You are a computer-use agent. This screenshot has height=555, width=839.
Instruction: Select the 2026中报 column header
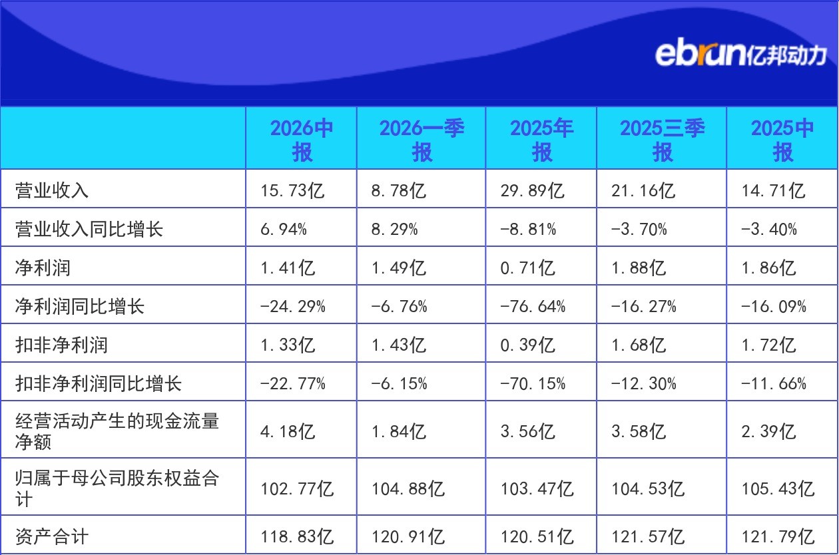click(x=302, y=140)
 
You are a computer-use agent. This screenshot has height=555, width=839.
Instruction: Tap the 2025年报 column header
click(x=541, y=140)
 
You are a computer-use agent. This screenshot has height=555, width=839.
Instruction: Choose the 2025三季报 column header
click(x=662, y=140)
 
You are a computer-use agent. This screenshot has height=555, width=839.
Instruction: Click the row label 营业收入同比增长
click(x=89, y=229)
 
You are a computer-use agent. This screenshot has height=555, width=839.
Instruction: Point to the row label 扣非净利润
click(x=61, y=345)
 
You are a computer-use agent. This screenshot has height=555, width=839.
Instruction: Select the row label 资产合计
click(x=52, y=536)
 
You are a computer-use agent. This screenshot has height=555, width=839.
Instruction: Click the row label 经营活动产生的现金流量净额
click(x=117, y=431)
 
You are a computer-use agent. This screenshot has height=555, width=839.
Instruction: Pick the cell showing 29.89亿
click(x=532, y=190)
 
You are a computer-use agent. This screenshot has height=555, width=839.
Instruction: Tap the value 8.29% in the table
click(x=394, y=229)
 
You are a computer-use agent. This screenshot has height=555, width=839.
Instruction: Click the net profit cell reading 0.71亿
click(x=527, y=268)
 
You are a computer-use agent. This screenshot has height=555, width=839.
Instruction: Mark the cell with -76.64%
click(x=533, y=307)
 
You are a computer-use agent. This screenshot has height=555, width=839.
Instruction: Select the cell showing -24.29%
click(x=293, y=307)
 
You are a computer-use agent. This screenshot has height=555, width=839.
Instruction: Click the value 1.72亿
click(x=768, y=345)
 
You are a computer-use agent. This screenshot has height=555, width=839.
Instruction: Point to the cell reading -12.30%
click(x=643, y=383)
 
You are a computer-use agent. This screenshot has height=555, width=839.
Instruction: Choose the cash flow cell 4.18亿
click(x=288, y=431)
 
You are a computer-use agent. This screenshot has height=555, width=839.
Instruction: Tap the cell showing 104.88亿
click(x=408, y=488)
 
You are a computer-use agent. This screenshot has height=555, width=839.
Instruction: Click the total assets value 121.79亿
click(x=778, y=536)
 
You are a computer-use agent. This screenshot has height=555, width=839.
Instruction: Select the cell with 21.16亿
click(x=643, y=190)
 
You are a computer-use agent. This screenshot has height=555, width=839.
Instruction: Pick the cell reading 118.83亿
click(x=297, y=536)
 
